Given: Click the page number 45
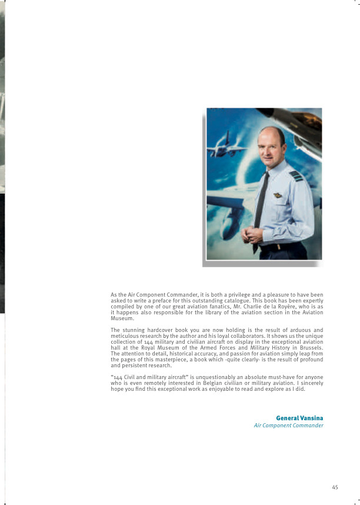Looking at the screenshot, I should (x=335, y=487).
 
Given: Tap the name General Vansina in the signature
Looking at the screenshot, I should (x=299, y=418).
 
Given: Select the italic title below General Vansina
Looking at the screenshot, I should (x=288, y=426).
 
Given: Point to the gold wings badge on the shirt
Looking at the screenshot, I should (x=278, y=195).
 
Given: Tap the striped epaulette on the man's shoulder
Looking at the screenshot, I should (x=296, y=175).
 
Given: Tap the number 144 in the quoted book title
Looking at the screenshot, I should (x=119, y=377).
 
